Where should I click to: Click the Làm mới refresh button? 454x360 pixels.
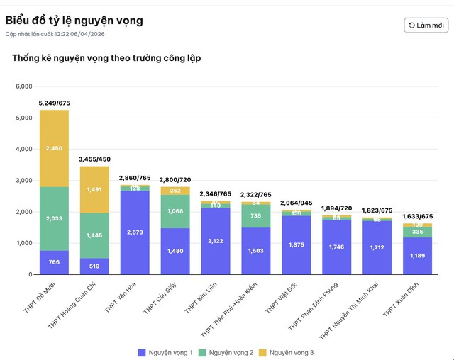click(426, 26)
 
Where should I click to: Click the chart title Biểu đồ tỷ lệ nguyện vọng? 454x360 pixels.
click(74, 20)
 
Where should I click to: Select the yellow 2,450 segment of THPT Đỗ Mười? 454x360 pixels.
click(55, 148)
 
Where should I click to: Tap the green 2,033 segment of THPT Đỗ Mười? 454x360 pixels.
click(55, 219)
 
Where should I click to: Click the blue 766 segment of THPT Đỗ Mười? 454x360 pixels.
click(55, 262)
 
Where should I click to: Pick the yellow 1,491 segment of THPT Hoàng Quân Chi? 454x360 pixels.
click(94, 189)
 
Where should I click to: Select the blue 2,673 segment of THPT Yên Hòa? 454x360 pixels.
click(135, 232)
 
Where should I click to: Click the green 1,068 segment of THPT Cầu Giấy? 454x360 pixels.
click(175, 211)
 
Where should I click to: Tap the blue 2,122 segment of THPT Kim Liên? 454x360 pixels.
click(216, 241)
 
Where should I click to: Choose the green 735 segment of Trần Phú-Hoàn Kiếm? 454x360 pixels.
click(256, 215)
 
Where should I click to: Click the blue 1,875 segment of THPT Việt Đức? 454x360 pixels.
click(297, 244)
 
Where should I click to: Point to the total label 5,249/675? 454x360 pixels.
click(55, 103)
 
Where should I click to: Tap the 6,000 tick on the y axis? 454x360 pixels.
click(23, 86)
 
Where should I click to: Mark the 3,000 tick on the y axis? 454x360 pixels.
click(23, 181)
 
